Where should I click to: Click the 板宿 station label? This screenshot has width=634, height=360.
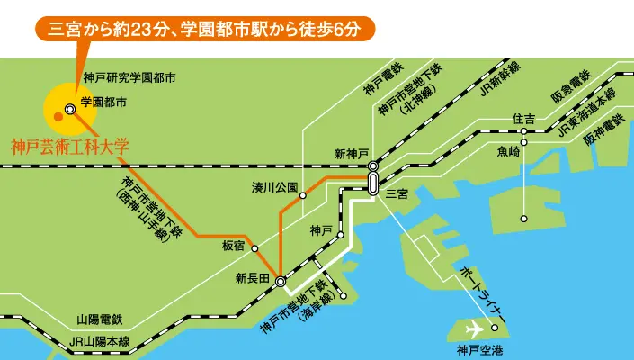[233, 245]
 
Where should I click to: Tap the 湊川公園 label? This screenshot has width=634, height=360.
[274, 188]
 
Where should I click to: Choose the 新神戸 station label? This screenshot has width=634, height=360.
[352, 154]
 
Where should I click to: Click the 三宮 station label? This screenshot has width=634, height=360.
[397, 193]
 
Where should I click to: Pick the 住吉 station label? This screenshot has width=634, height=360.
[523, 119]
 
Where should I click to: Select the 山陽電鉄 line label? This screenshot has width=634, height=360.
[99, 319]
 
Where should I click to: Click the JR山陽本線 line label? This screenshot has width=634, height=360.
[100, 341]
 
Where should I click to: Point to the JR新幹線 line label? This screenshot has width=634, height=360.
[499, 77]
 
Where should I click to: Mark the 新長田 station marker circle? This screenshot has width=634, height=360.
[281, 282]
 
